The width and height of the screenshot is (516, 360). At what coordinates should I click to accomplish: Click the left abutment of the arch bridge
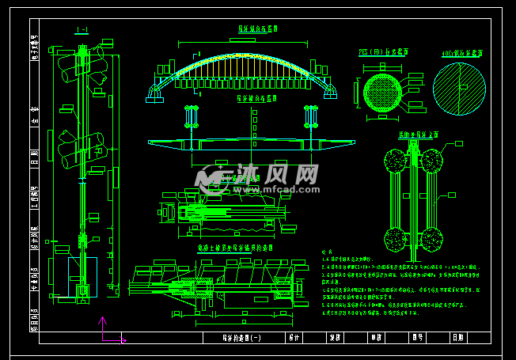[x=154, y=94]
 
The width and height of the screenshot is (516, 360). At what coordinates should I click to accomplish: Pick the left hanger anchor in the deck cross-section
[x=189, y=119]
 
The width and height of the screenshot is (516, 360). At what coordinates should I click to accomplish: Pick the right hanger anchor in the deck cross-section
[x=310, y=119]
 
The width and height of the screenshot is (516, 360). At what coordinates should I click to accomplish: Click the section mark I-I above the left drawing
[x=81, y=30]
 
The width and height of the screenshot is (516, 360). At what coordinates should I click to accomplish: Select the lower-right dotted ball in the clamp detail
[x=431, y=238]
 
